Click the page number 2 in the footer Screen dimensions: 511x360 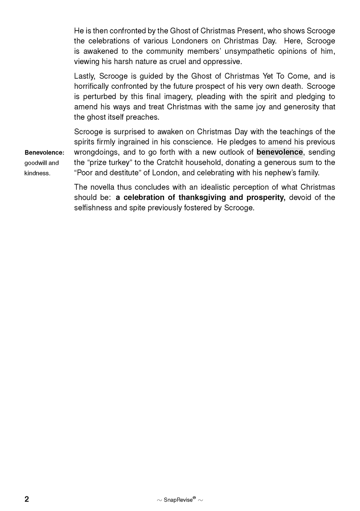27,499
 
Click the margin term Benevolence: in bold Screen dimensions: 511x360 44,152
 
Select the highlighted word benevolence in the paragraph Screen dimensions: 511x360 280,152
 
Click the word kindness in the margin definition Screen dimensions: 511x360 37,173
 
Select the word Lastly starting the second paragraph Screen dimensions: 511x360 85,76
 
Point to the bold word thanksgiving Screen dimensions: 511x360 202,197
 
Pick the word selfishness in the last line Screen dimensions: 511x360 93,208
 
